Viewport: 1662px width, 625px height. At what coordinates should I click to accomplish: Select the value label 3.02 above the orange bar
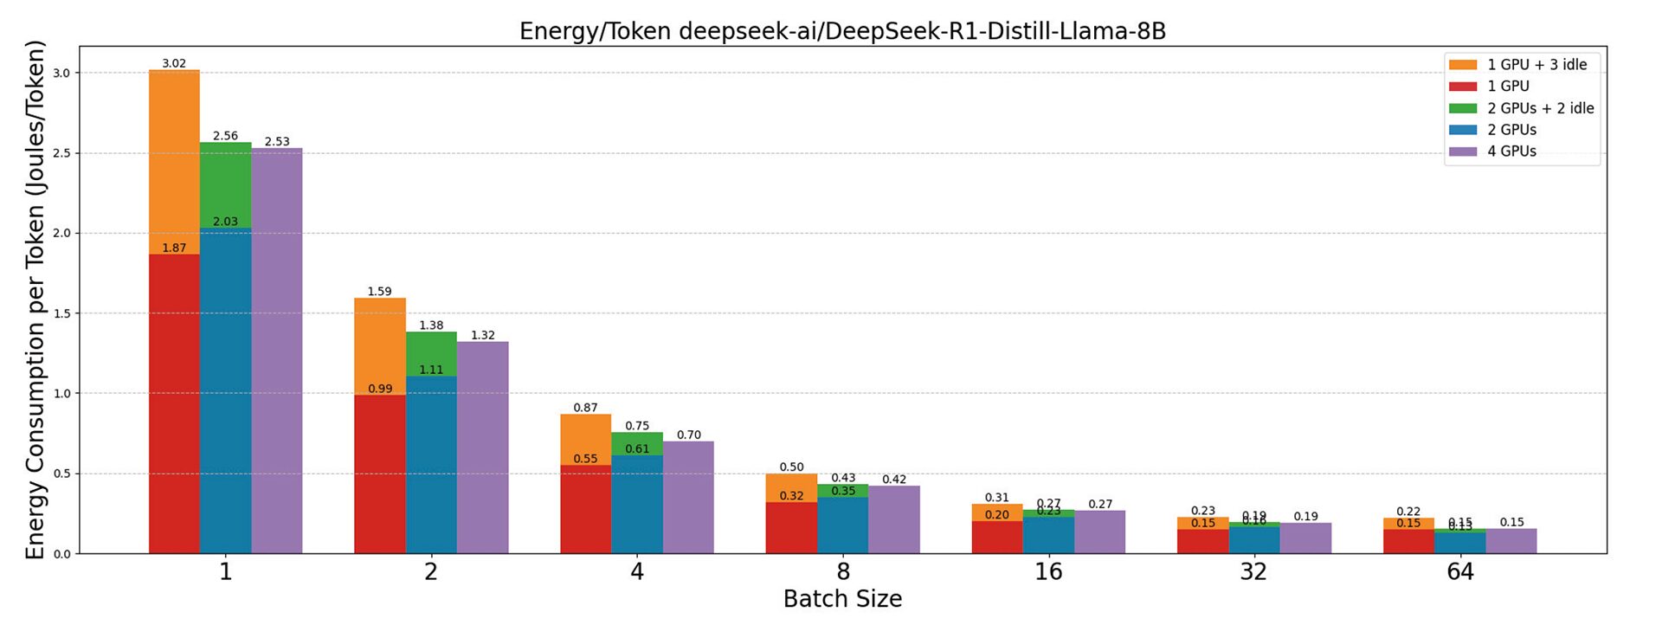[174, 63]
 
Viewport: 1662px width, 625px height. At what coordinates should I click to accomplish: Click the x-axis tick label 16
[1048, 572]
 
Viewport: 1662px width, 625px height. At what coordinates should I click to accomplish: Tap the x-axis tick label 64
[1459, 572]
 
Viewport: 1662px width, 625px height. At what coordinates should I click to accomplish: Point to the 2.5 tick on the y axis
[61, 153]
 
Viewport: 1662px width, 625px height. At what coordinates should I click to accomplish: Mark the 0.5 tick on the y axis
[61, 474]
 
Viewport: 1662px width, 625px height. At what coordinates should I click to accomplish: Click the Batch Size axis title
[842, 599]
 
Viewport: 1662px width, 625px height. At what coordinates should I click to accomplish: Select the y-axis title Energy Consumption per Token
[35, 300]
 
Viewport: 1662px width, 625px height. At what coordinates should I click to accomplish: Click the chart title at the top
[842, 31]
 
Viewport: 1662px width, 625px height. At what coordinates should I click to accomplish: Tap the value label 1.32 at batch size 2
[482, 335]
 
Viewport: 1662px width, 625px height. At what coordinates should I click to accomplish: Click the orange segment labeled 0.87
[585, 440]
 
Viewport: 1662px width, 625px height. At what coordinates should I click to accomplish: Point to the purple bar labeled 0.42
[894, 519]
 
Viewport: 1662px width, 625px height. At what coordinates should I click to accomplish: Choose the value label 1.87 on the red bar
[174, 248]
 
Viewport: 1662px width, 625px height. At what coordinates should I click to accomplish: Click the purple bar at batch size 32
[1305, 538]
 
